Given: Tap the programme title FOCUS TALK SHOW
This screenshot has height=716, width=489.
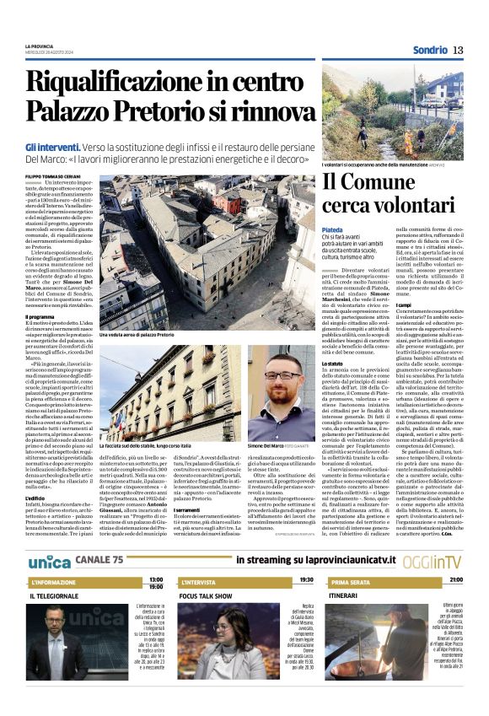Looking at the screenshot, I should point(206,595).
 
